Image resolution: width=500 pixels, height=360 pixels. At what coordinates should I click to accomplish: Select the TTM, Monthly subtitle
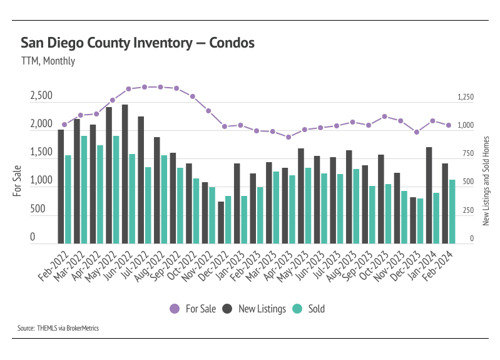pyautogui.click(x=48, y=61)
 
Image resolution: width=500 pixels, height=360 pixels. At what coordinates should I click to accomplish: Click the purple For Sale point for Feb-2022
pyautogui.click(x=64, y=125)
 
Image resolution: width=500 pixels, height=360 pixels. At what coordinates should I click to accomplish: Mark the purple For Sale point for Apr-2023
pyautogui.click(x=288, y=137)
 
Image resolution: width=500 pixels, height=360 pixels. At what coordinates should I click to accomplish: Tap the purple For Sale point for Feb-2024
pyautogui.click(x=449, y=125)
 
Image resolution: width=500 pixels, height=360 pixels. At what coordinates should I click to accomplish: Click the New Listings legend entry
pyautogui.click(x=255, y=309)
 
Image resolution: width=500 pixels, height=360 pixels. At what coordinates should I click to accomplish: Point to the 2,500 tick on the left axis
pyautogui.click(x=41, y=97)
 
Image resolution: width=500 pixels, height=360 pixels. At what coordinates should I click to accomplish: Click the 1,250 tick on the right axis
pyautogui.click(x=466, y=98)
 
